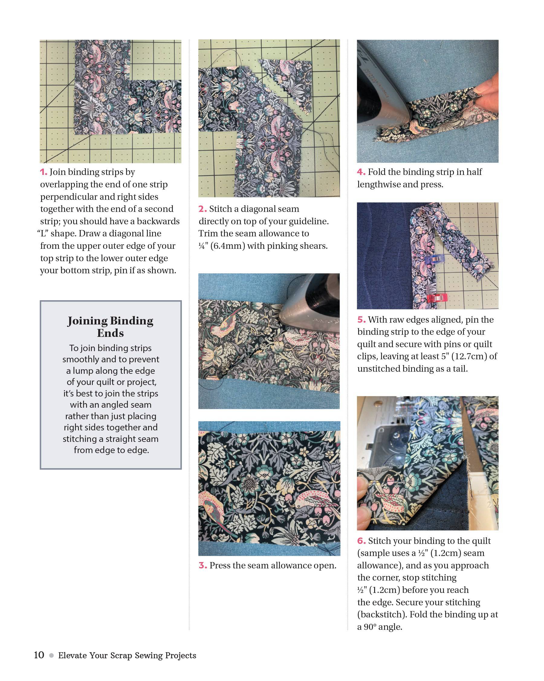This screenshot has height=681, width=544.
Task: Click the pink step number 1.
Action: (x=44, y=172)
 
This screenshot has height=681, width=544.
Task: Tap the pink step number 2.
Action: (x=202, y=209)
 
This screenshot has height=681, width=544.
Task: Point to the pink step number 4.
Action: (x=361, y=172)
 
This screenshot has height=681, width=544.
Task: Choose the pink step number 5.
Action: (x=361, y=320)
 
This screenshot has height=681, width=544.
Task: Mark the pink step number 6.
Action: (x=361, y=541)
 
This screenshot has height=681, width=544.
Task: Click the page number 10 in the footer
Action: (x=39, y=655)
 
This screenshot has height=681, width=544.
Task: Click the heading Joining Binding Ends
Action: (x=110, y=327)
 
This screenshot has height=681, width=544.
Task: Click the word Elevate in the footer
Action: (x=72, y=656)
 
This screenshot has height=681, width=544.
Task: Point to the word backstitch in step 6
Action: (x=381, y=615)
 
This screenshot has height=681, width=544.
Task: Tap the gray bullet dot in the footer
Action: (x=51, y=656)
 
